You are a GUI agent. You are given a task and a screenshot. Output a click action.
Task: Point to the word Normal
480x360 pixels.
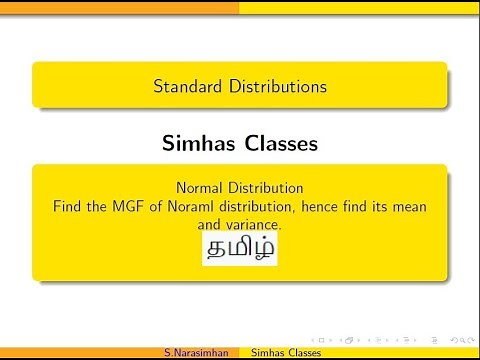(x=200, y=187)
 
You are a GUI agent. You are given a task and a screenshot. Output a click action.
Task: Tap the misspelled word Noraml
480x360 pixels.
(x=199, y=206)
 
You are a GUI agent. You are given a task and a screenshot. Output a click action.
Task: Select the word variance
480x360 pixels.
(x=253, y=225)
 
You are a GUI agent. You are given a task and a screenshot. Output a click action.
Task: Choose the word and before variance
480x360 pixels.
(x=209, y=225)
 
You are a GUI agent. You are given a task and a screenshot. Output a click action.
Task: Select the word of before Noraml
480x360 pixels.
(x=160, y=206)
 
